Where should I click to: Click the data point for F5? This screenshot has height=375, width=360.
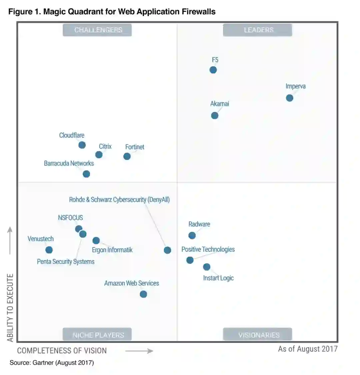pyautogui.click(x=213, y=70)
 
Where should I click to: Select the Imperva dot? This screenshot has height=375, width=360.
pyautogui.click(x=289, y=98)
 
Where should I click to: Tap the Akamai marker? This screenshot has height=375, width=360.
pyautogui.click(x=215, y=116)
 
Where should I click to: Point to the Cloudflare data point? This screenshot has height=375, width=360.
pyautogui.click(x=82, y=145)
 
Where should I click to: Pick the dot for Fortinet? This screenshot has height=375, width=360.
pyautogui.click(x=127, y=156)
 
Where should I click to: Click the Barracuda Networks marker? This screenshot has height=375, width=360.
pyautogui.click(x=86, y=174)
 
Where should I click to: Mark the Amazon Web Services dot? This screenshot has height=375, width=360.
pyautogui.click(x=143, y=294)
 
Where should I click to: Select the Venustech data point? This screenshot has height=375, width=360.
pyautogui.click(x=49, y=250)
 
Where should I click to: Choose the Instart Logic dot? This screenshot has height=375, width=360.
pyautogui.click(x=207, y=267)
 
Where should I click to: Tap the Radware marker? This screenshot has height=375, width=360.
pyautogui.click(x=192, y=235)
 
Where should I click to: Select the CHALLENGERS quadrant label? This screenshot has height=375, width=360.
pyautogui.click(x=97, y=30)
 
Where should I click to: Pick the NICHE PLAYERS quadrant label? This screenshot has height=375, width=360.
pyautogui.click(x=97, y=335)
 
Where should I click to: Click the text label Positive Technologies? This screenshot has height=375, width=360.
pyautogui.click(x=208, y=249)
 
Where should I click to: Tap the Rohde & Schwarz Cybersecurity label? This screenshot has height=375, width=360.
pyautogui.click(x=119, y=200)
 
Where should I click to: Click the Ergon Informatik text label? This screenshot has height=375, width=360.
pyautogui.click(x=112, y=250)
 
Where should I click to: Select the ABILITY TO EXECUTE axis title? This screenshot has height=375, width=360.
pyautogui.click(x=10, y=308)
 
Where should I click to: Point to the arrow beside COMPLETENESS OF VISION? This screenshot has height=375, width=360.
pyautogui.click(x=139, y=351)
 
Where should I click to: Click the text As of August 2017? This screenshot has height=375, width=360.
pyautogui.click(x=308, y=349)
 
